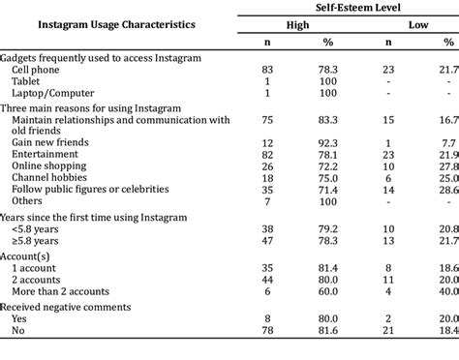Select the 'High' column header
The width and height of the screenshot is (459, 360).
pos(297,25)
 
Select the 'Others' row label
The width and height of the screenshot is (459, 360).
pos(27,201)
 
